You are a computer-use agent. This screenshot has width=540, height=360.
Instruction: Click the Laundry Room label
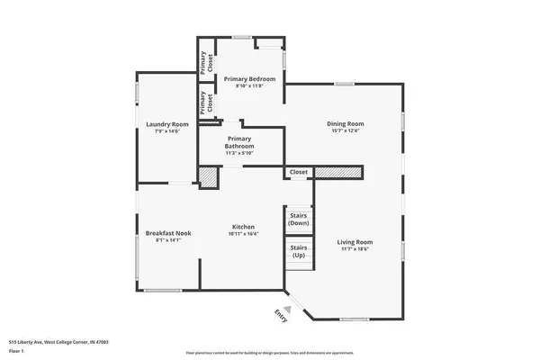(167, 123)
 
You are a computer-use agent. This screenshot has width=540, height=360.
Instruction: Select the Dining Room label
(345, 123)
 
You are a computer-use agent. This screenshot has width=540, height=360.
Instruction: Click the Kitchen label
(243, 227)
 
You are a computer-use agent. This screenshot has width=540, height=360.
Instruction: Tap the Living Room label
(355, 242)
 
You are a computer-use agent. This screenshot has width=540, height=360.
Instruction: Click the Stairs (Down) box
(299, 219)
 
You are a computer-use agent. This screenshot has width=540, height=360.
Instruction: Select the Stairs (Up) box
(299, 250)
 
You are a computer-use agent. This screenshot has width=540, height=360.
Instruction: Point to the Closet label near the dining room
(299, 172)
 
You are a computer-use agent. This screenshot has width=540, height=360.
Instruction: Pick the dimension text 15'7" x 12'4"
(345, 131)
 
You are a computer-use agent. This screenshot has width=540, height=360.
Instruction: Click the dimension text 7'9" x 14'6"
(167, 131)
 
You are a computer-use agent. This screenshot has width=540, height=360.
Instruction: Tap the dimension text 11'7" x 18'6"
(355, 250)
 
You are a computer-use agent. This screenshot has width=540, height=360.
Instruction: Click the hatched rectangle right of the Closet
(337, 171)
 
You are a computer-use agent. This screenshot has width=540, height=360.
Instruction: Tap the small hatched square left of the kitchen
(208, 178)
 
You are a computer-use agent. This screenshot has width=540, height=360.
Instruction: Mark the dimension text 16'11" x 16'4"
(243, 234)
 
